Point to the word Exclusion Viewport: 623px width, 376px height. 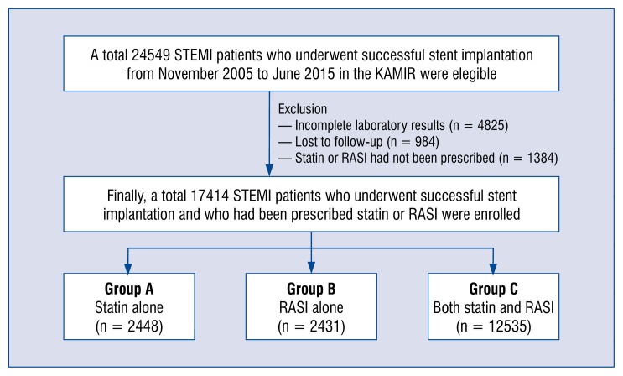point(303,109)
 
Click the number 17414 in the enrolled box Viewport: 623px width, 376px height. point(210,196)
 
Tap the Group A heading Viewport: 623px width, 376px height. point(129,289)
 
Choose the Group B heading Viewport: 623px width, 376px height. point(311,289)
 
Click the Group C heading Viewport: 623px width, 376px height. point(494,289)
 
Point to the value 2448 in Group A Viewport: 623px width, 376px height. point(143,326)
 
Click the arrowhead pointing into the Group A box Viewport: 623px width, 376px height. point(128,269)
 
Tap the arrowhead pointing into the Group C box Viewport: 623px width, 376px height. point(493,269)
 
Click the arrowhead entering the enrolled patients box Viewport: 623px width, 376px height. point(269,170)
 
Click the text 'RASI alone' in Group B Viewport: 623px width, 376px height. point(311,307)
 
